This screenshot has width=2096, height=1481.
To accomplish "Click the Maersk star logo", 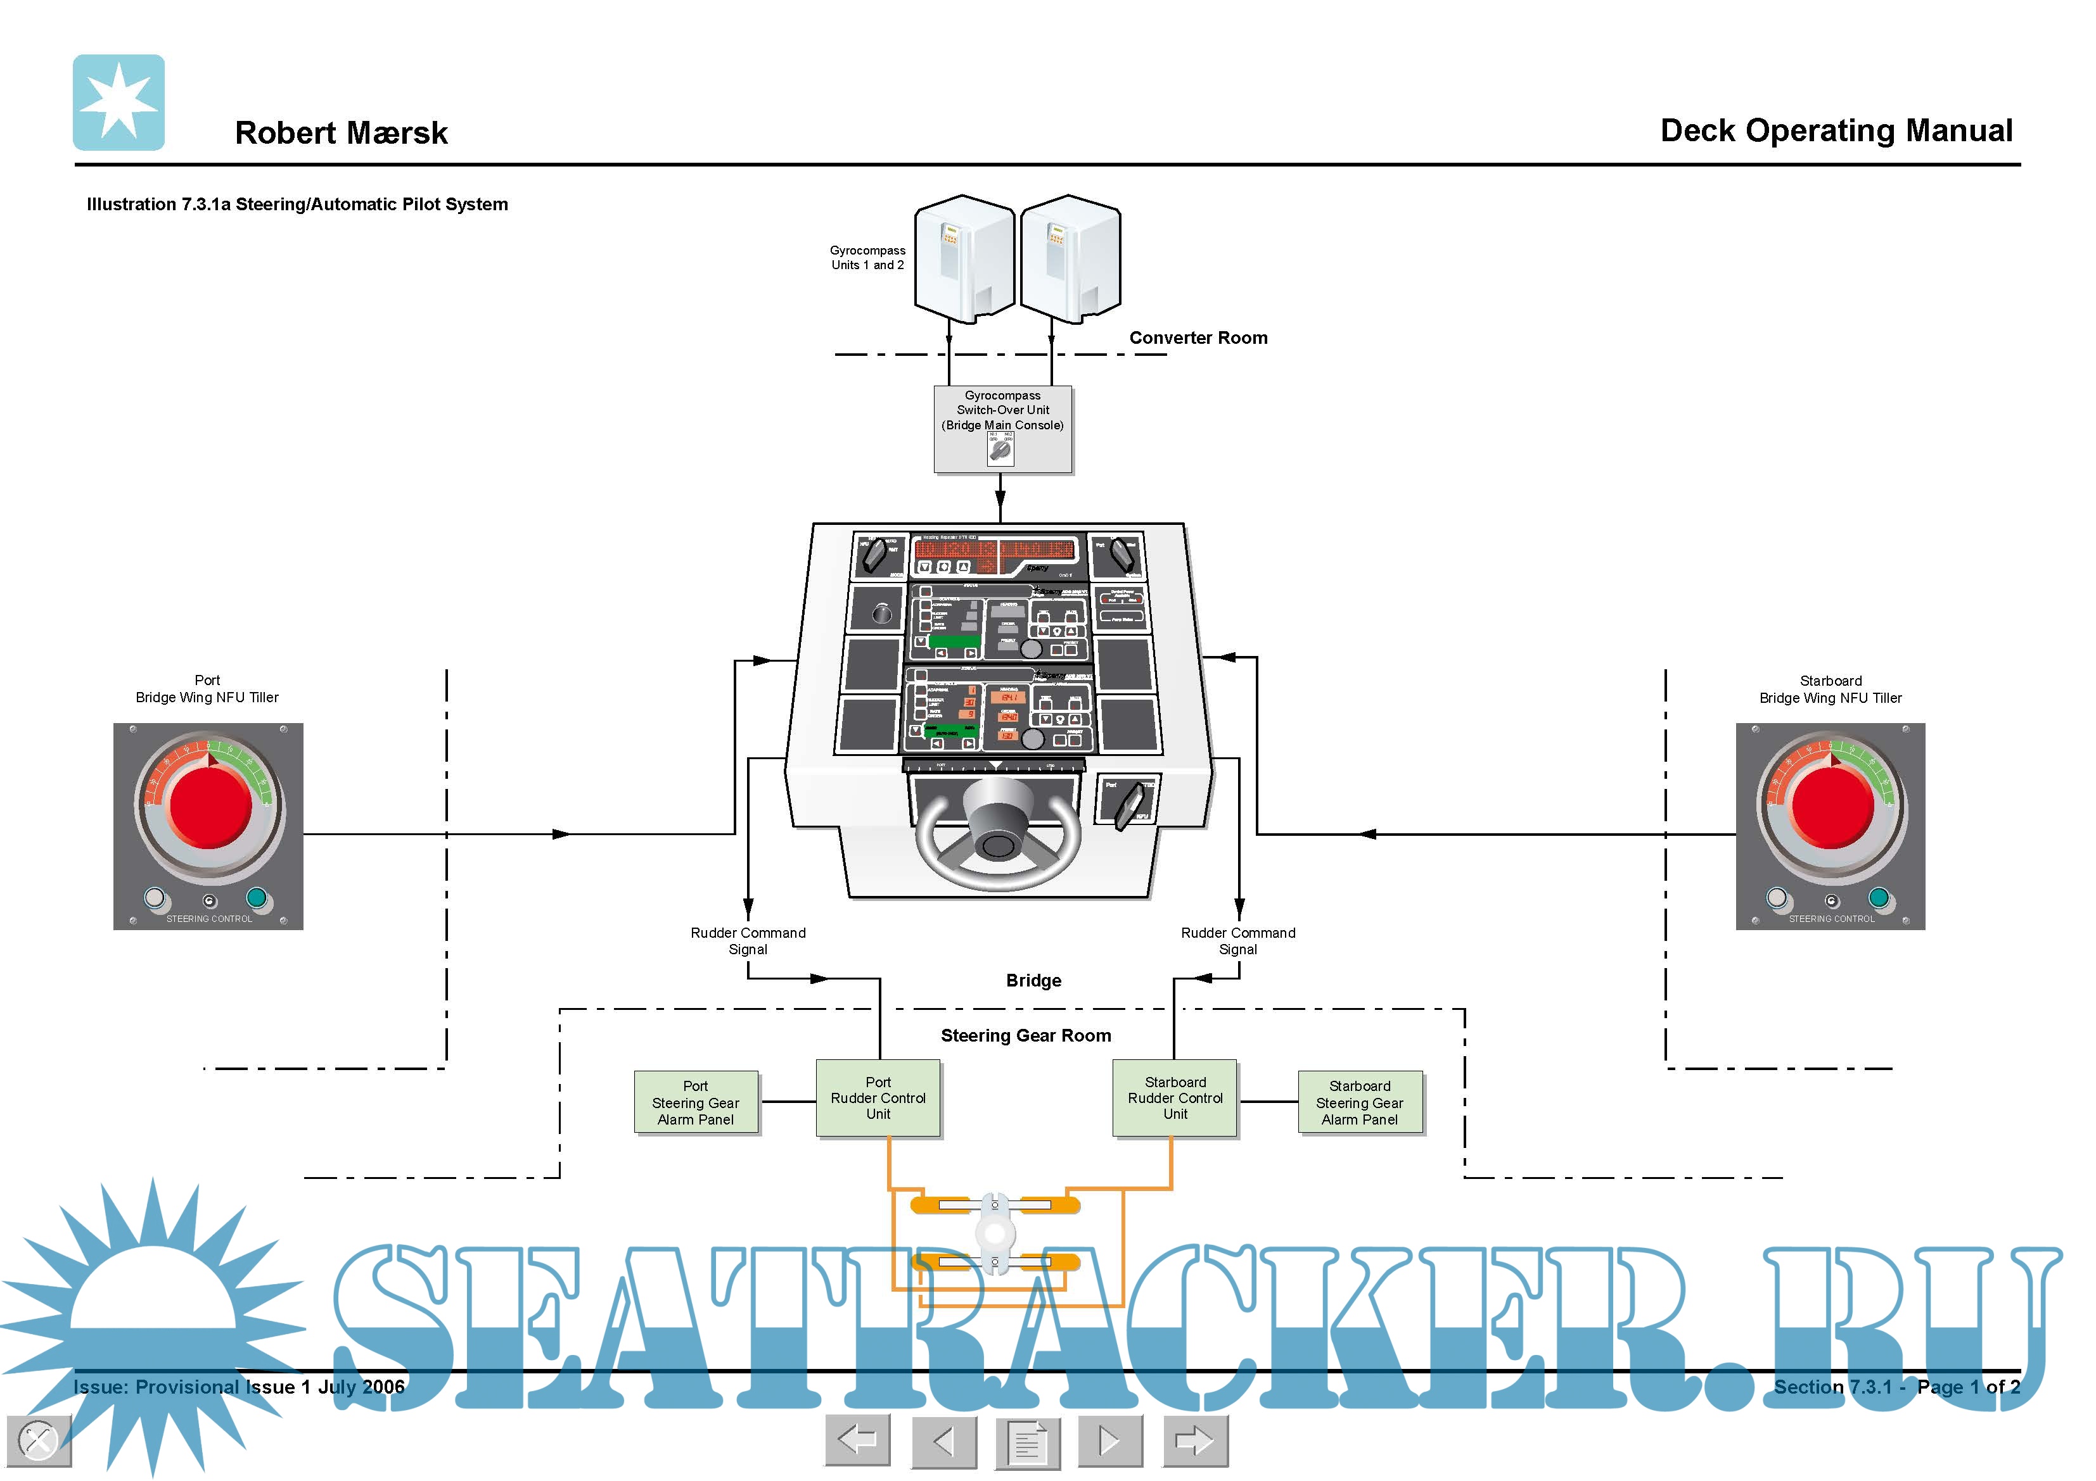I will tap(118, 102).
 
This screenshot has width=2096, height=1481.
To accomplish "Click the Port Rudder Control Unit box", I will tap(878, 1098).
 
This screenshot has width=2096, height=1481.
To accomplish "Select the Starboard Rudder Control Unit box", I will tap(1174, 1098).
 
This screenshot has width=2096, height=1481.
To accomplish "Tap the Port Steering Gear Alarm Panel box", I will tap(696, 1102).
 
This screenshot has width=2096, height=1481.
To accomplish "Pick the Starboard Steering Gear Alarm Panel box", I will tap(1359, 1102).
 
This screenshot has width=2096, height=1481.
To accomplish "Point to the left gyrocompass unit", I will tap(963, 258).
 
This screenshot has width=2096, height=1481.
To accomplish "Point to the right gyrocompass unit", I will tap(1070, 258).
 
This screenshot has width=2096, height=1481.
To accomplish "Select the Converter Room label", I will tap(1198, 337).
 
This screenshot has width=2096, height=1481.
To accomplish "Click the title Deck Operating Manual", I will tap(1836, 130).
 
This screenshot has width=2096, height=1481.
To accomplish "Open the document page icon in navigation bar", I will tap(1027, 1442).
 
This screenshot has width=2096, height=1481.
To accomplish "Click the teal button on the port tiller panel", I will tap(257, 898).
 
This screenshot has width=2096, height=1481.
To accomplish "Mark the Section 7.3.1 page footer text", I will tap(1895, 1387).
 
